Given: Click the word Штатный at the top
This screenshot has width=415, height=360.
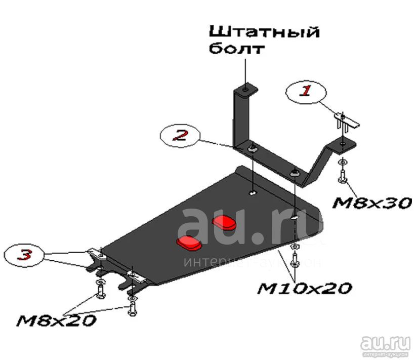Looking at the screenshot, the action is point(265,32).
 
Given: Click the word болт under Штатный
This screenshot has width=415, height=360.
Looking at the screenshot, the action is point(237,48).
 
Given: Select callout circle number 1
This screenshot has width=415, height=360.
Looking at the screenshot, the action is point(306,92).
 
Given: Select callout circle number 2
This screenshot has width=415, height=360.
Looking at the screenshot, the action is point(180,135).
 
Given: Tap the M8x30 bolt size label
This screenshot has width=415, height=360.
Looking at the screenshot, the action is point(372,203).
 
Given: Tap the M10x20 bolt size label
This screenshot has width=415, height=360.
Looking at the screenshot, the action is point(304,288).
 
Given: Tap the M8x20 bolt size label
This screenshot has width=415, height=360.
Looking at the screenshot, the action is point(56,321).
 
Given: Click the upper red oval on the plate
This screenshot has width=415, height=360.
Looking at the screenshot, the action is point(224,222).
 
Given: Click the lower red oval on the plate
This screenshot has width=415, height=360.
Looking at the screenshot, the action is point(189,243).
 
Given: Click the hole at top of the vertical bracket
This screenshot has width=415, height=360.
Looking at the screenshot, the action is point(245,90).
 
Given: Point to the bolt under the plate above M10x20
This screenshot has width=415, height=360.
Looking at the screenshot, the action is point(295,260).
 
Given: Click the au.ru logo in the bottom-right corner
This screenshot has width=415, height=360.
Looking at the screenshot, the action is point(385,346).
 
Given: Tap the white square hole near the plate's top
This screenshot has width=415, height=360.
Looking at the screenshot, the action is point(253,192).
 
